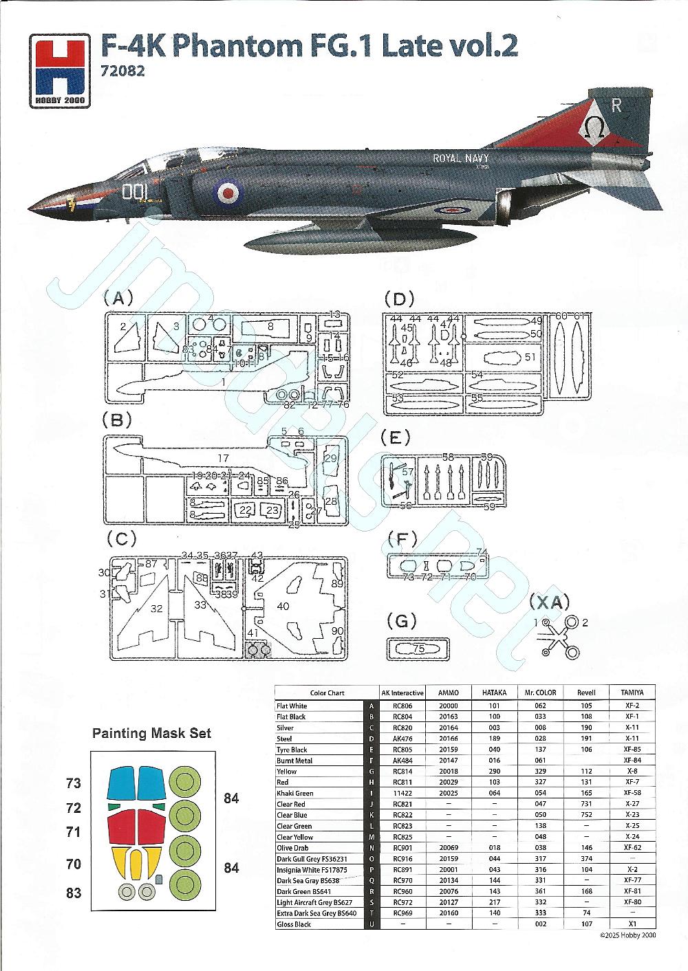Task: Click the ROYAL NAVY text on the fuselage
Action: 460,159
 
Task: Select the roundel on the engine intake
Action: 225,188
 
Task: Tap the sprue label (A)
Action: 118,298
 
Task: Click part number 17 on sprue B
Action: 223,458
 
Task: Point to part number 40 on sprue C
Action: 283,606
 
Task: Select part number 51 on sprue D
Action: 530,357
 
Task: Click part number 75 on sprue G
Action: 419,648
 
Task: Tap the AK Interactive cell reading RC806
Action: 402,706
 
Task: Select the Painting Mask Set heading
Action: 152,733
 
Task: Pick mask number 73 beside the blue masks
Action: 74,783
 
